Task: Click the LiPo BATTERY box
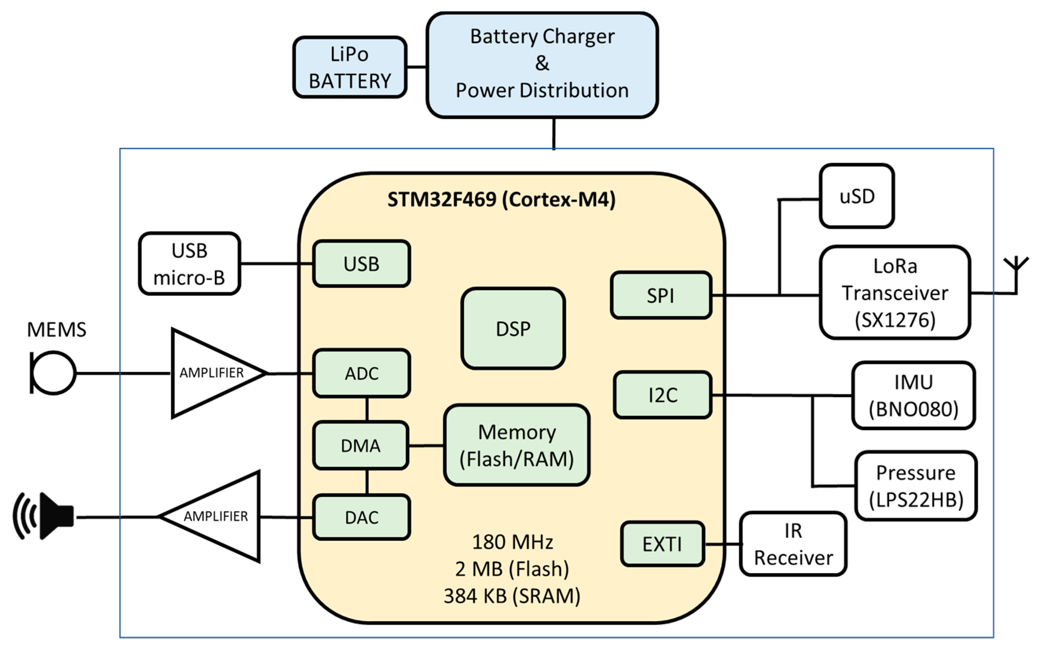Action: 350,67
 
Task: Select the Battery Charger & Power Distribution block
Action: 542,64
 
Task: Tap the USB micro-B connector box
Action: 189,264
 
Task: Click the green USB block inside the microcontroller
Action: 361,264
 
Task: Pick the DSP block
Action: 513,328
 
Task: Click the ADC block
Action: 361,373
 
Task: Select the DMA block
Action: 360,446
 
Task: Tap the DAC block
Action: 361,517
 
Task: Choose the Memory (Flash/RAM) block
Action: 516,445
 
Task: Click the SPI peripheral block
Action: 661,295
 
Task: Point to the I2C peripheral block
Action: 662,395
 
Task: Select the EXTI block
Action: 662,544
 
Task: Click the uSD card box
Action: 856,196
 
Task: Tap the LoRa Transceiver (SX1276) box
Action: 895,293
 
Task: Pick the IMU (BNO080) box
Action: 913,395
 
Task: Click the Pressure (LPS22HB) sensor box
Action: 916,486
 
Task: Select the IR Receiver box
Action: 793,544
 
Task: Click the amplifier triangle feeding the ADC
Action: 210,373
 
